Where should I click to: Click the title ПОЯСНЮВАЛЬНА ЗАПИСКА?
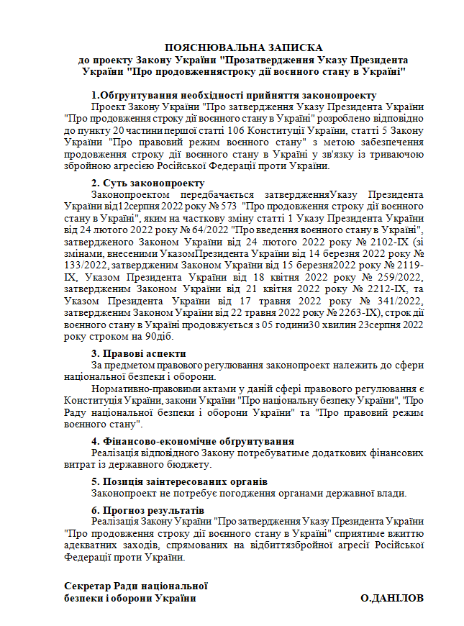coord(243,46)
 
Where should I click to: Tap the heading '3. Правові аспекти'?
coord(139,353)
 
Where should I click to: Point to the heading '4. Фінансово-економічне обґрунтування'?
coord(193,441)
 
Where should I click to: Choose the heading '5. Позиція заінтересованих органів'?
coord(180,481)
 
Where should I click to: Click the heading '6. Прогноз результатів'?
coord(148,509)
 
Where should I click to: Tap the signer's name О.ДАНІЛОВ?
coord(392,599)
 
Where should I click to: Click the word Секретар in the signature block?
coord(86,586)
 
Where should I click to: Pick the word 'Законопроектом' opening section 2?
coord(129,195)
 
